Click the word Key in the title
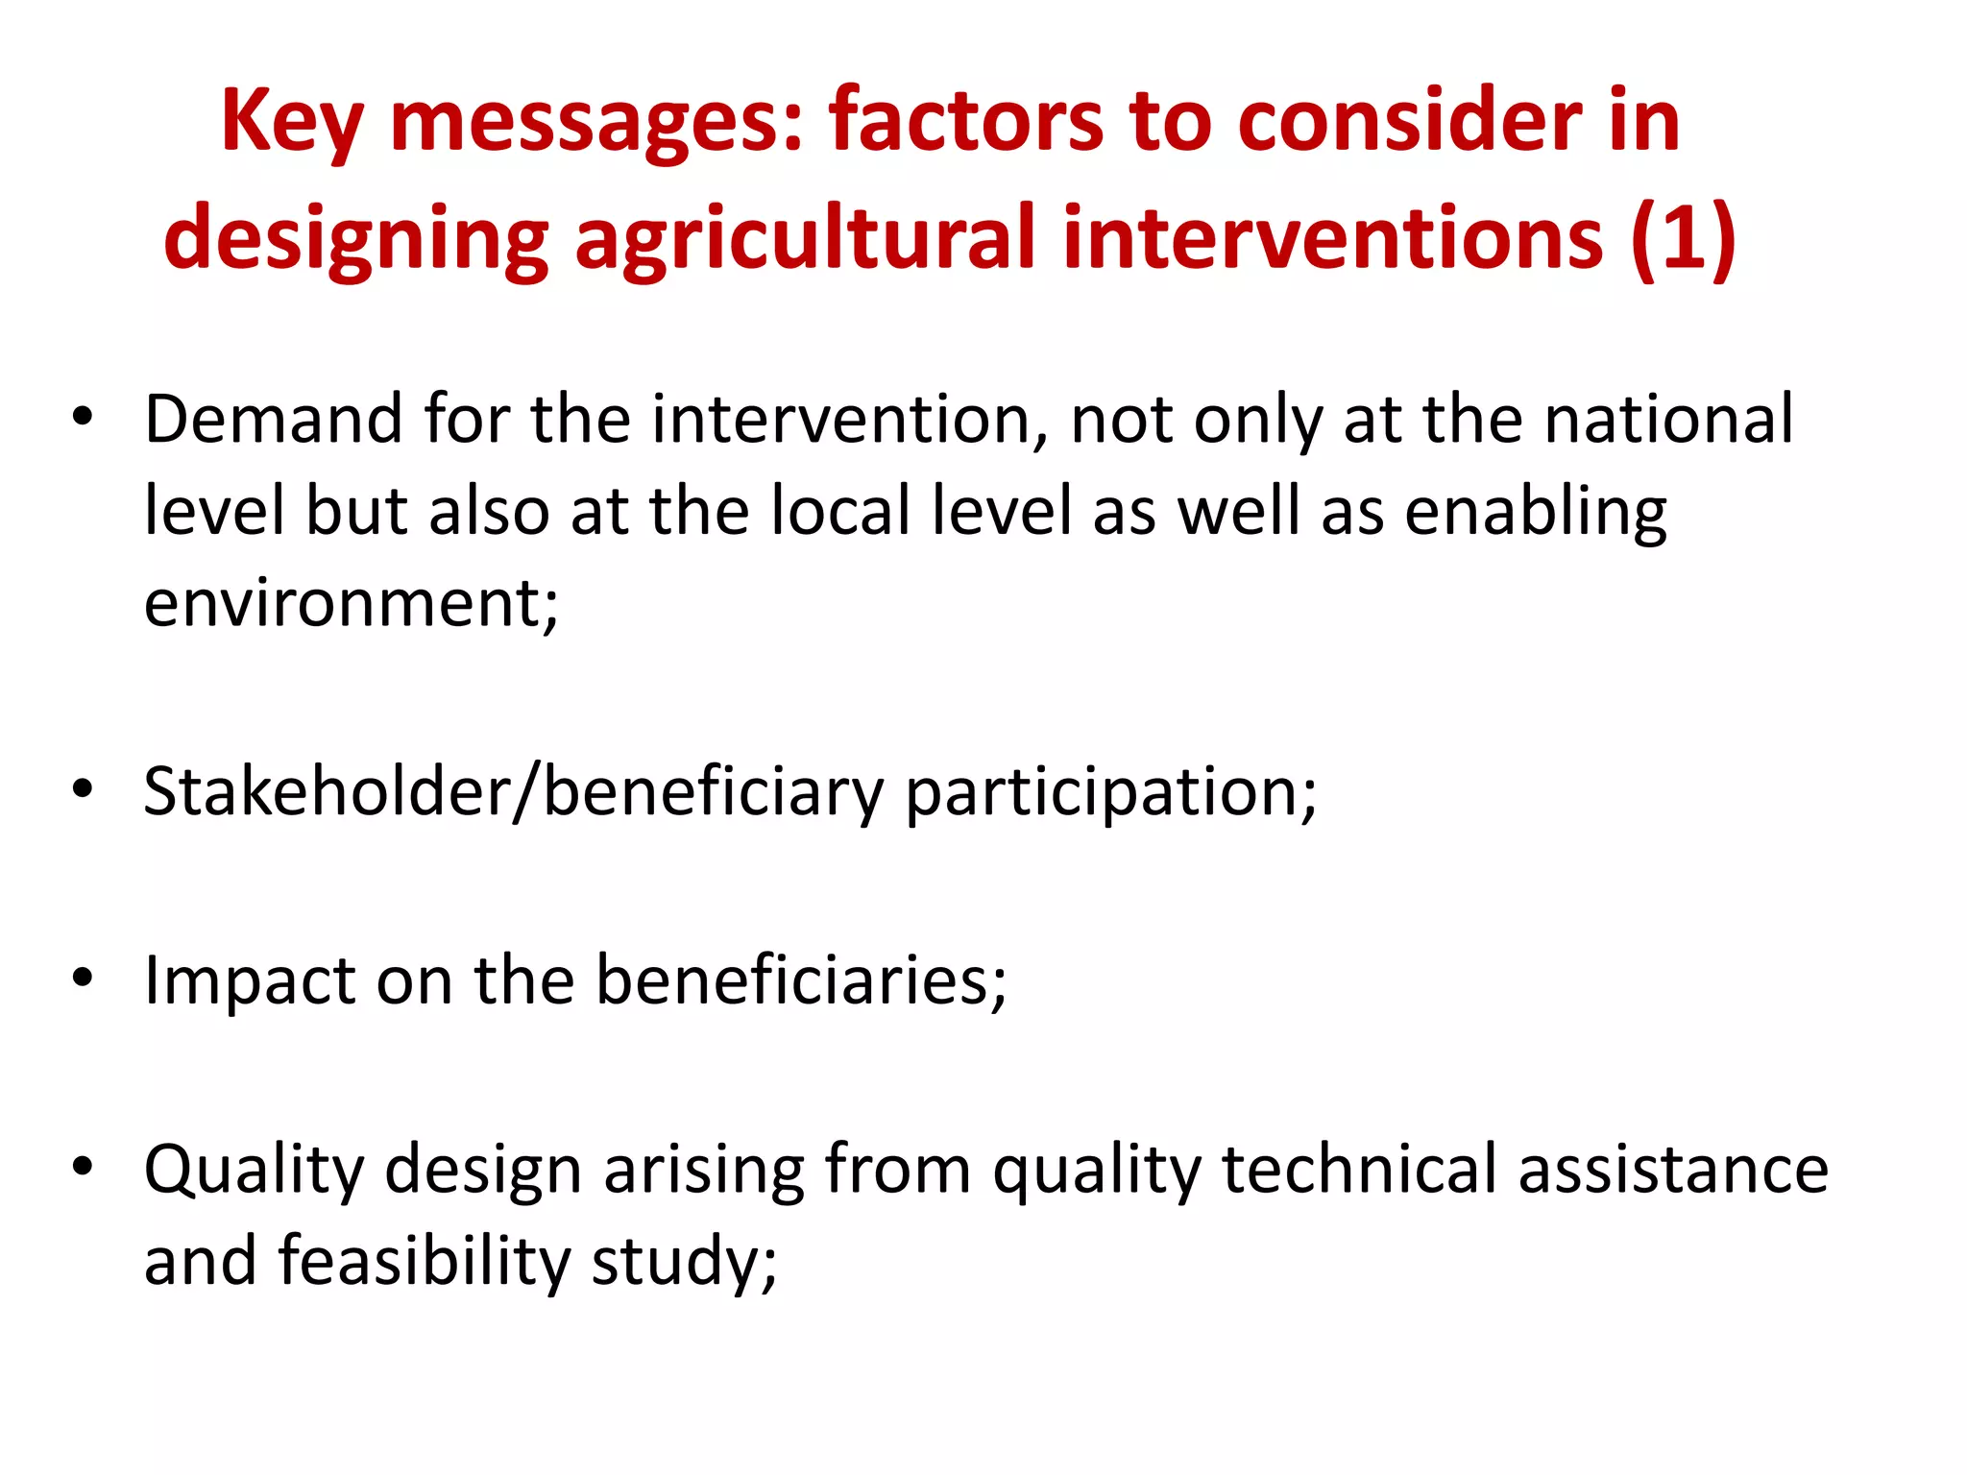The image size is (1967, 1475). pos(291,123)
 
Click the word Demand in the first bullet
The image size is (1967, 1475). pos(273,421)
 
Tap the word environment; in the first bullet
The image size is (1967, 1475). pos(351,604)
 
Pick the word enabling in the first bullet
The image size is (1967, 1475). pos(1536,512)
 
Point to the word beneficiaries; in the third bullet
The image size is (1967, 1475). pos(801,979)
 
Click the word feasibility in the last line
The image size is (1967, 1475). pos(425,1262)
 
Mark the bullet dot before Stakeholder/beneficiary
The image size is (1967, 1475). pos(83,789)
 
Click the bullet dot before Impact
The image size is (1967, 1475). pos(83,978)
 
